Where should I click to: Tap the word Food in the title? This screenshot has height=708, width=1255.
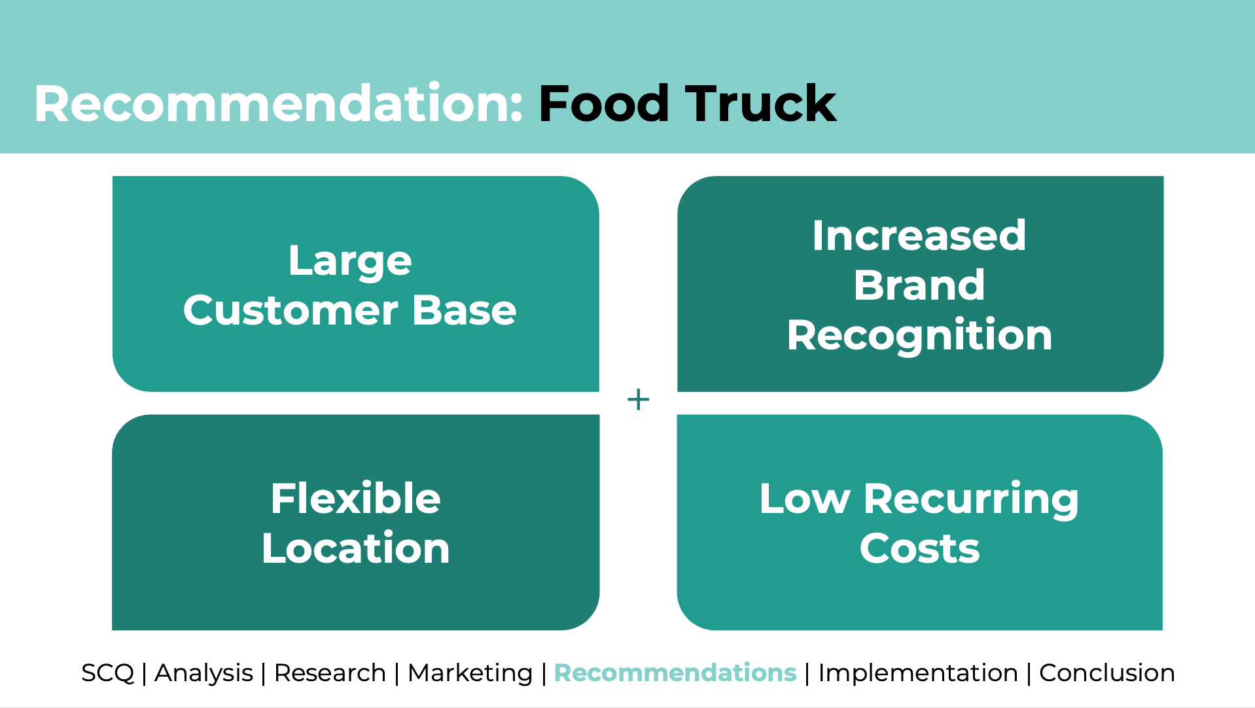click(x=603, y=103)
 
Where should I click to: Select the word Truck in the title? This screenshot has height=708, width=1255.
click(x=761, y=103)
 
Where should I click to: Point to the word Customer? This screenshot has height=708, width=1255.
click(x=291, y=310)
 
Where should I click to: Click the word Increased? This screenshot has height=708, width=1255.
click(x=919, y=236)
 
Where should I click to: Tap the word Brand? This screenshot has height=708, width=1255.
click(x=919, y=285)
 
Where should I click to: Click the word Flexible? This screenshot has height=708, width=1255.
click(x=355, y=499)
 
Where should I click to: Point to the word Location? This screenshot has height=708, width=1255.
click(x=355, y=548)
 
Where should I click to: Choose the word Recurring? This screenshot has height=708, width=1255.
click(x=971, y=500)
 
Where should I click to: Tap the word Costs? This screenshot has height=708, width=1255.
click(x=919, y=548)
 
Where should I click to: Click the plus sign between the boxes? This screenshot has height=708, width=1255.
click(x=638, y=399)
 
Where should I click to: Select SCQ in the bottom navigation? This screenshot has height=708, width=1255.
click(x=107, y=673)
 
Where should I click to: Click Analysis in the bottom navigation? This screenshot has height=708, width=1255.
click(x=203, y=673)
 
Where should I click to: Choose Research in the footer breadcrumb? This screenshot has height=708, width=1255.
click(x=330, y=673)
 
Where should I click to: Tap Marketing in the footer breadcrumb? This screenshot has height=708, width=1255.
click(x=470, y=673)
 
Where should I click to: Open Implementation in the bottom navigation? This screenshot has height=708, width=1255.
click(x=918, y=673)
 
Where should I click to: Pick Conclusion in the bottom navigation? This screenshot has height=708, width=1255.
click(x=1107, y=673)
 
